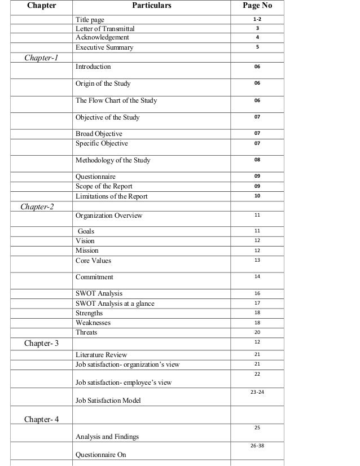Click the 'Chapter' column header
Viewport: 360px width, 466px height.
pyautogui.click(x=40, y=7)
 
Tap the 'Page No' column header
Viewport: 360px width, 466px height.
pyautogui.click(x=257, y=7)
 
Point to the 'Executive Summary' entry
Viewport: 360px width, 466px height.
pyautogui.click(x=104, y=47)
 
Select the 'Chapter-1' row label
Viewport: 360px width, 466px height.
pyautogui.click(x=41, y=58)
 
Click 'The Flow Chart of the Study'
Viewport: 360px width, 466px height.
pyautogui.click(x=116, y=101)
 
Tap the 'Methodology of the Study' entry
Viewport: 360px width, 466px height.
pyautogui.click(x=113, y=160)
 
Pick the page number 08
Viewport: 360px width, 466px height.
pyautogui.click(x=257, y=160)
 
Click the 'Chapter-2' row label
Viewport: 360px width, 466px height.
pyautogui.click(x=37, y=206)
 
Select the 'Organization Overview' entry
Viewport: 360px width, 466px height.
pyautogui.click(x=109, y=216)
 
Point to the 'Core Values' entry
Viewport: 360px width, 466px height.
pyautogui.click(x=94, y=261)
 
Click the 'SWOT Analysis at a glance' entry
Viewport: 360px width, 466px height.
pyautogui.click(x=115, y=304)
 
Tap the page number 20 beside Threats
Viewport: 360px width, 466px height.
pyautogui.click(x=257, y=332)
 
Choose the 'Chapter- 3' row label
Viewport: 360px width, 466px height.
pyautogui.click(x=41, y=343)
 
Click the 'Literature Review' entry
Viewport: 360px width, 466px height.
pyautogui.click(x=102, y=355)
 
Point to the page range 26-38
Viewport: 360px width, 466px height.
pyautogui.click(x=257, y=445)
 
